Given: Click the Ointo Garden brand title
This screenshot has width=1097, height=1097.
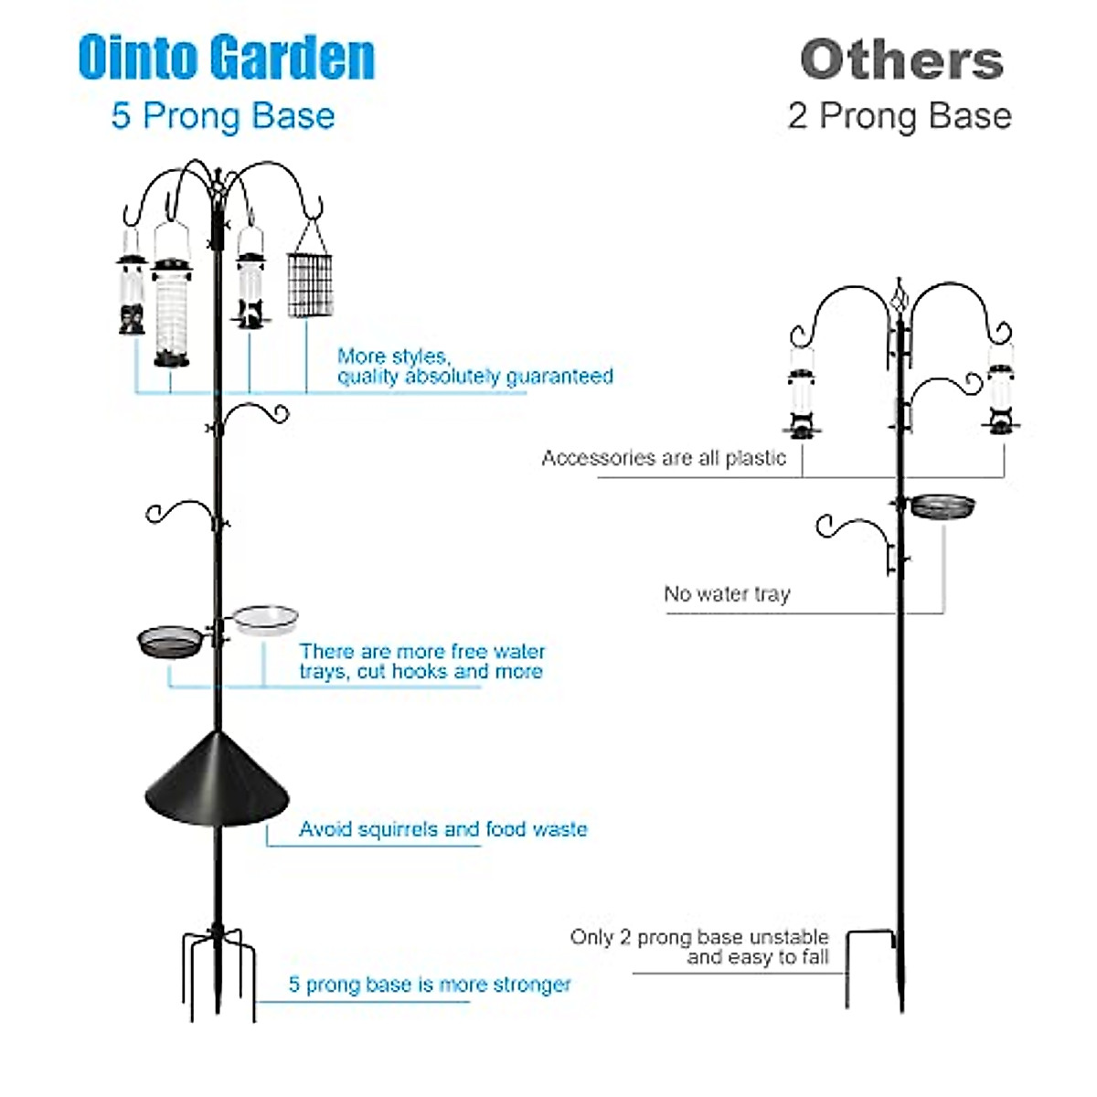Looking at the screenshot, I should click(227, 58).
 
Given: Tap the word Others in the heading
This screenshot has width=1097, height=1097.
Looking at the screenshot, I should click(901, 60).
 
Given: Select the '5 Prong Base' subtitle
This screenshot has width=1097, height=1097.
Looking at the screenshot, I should click(223, 116).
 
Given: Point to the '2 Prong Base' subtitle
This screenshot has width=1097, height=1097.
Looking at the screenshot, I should click(900, 116).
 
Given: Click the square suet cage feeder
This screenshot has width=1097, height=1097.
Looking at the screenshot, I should click(310, 284).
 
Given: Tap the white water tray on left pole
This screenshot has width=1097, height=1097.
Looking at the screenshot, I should click(265, 619).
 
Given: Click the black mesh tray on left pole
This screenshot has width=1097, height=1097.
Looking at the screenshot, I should click(170, 641).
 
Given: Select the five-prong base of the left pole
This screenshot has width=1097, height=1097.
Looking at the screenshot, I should click(217, 969).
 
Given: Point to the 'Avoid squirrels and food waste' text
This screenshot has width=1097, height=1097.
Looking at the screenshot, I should click(442, 829).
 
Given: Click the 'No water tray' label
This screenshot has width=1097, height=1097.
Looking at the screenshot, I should click(727, 594).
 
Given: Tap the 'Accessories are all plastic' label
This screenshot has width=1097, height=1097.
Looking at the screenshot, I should click(664, 458).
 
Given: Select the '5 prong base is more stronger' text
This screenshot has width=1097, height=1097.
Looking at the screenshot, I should click(430, 985).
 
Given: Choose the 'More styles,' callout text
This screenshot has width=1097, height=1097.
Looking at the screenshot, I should click(393, 356).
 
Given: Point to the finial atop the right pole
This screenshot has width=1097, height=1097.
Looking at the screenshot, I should click(900, 294).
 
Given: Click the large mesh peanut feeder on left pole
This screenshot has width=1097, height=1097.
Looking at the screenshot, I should click(172, 311).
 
